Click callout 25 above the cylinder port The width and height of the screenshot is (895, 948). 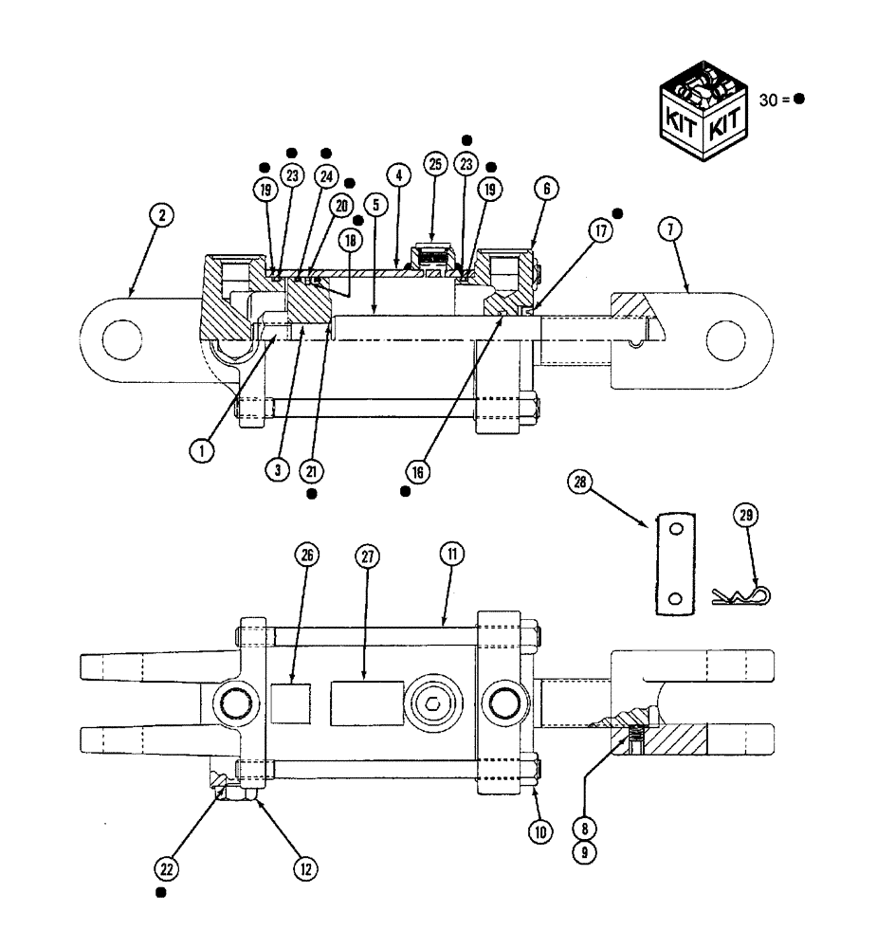(x=435, y=165)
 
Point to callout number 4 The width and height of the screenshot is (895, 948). (x=397, y=175)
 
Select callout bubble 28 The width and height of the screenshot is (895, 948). (x=580, y=484)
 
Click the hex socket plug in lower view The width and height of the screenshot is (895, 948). (x=432, y=703)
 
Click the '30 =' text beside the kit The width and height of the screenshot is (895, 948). (x=776, y=100)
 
